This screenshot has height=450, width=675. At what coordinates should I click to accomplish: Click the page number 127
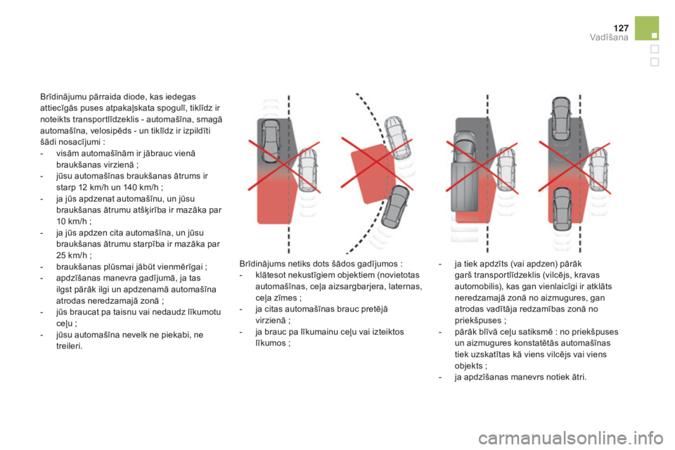point(621,28)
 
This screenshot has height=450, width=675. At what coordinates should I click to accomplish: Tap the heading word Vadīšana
point(609,37)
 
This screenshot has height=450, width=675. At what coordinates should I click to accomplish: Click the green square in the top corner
point(647,28)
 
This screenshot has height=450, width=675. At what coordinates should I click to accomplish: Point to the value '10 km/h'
point(72,221)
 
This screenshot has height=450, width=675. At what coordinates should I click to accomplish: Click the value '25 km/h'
point(72,255)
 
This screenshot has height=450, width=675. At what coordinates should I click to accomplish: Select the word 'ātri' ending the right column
point(577,377)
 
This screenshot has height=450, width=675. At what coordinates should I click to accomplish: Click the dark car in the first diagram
point(270,141)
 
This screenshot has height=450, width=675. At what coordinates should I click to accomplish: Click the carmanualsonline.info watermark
point(571,438)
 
